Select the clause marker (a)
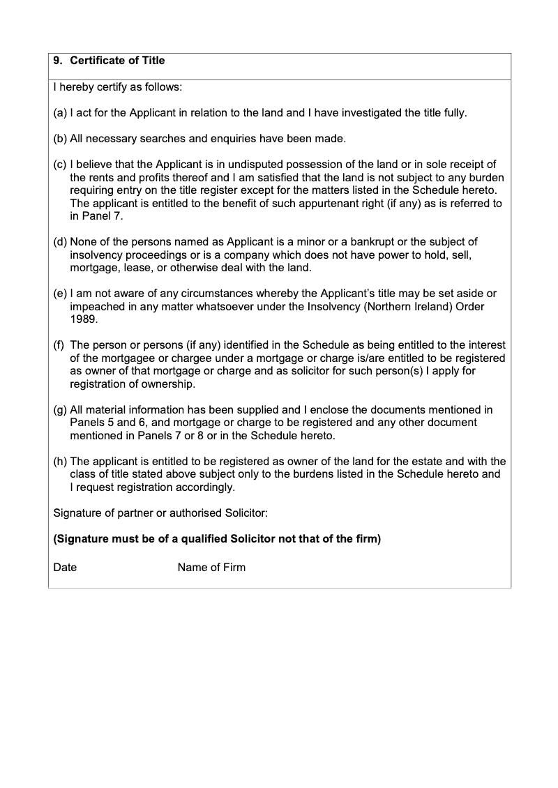click(x=60, y=112)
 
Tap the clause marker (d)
click(x=60, y=242)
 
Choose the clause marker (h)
click(x=60, y=462)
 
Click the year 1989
click(x=83, y=319)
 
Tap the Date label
click(x=65, y=568)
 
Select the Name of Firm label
click(x=211, y=568)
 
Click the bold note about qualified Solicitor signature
click(x=217, y=540)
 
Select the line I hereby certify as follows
click(x=117, y=87)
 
